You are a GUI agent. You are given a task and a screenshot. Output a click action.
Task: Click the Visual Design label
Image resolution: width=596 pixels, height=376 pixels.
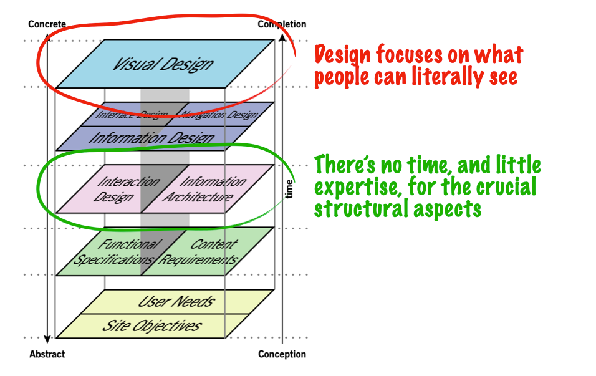click(x=163, y=64)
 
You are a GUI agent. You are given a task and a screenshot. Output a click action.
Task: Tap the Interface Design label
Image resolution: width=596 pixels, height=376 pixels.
click(x=132, y=115)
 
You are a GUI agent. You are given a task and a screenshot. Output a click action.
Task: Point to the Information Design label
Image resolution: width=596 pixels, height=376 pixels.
click(x=151, y=138)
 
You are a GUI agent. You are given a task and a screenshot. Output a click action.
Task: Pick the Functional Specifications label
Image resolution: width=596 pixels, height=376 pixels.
click(x=116, y=252)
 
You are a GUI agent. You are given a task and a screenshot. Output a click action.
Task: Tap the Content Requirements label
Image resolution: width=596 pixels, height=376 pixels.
click(x=199, y=252)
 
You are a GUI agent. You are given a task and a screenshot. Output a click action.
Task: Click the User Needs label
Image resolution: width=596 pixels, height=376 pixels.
click(x=176, y=302)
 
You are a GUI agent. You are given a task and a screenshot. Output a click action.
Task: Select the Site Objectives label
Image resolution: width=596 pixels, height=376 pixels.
click(x=151, y=325)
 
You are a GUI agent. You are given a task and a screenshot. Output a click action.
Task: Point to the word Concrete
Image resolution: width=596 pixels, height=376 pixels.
click(x=47, y=24)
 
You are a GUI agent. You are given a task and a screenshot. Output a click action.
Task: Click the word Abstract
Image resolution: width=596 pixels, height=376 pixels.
click(x=47, y=354)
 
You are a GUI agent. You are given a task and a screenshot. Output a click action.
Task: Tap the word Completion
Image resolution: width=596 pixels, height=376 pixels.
click(x=282, y=24)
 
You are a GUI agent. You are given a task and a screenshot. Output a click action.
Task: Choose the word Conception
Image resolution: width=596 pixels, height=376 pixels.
click(x=282, y=354)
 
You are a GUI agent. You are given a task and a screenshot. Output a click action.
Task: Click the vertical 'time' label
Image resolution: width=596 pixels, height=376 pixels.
click(x=289, y=189)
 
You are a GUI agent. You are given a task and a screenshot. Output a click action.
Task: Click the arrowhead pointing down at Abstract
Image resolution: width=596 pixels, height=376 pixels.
click(x=47, y=340)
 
